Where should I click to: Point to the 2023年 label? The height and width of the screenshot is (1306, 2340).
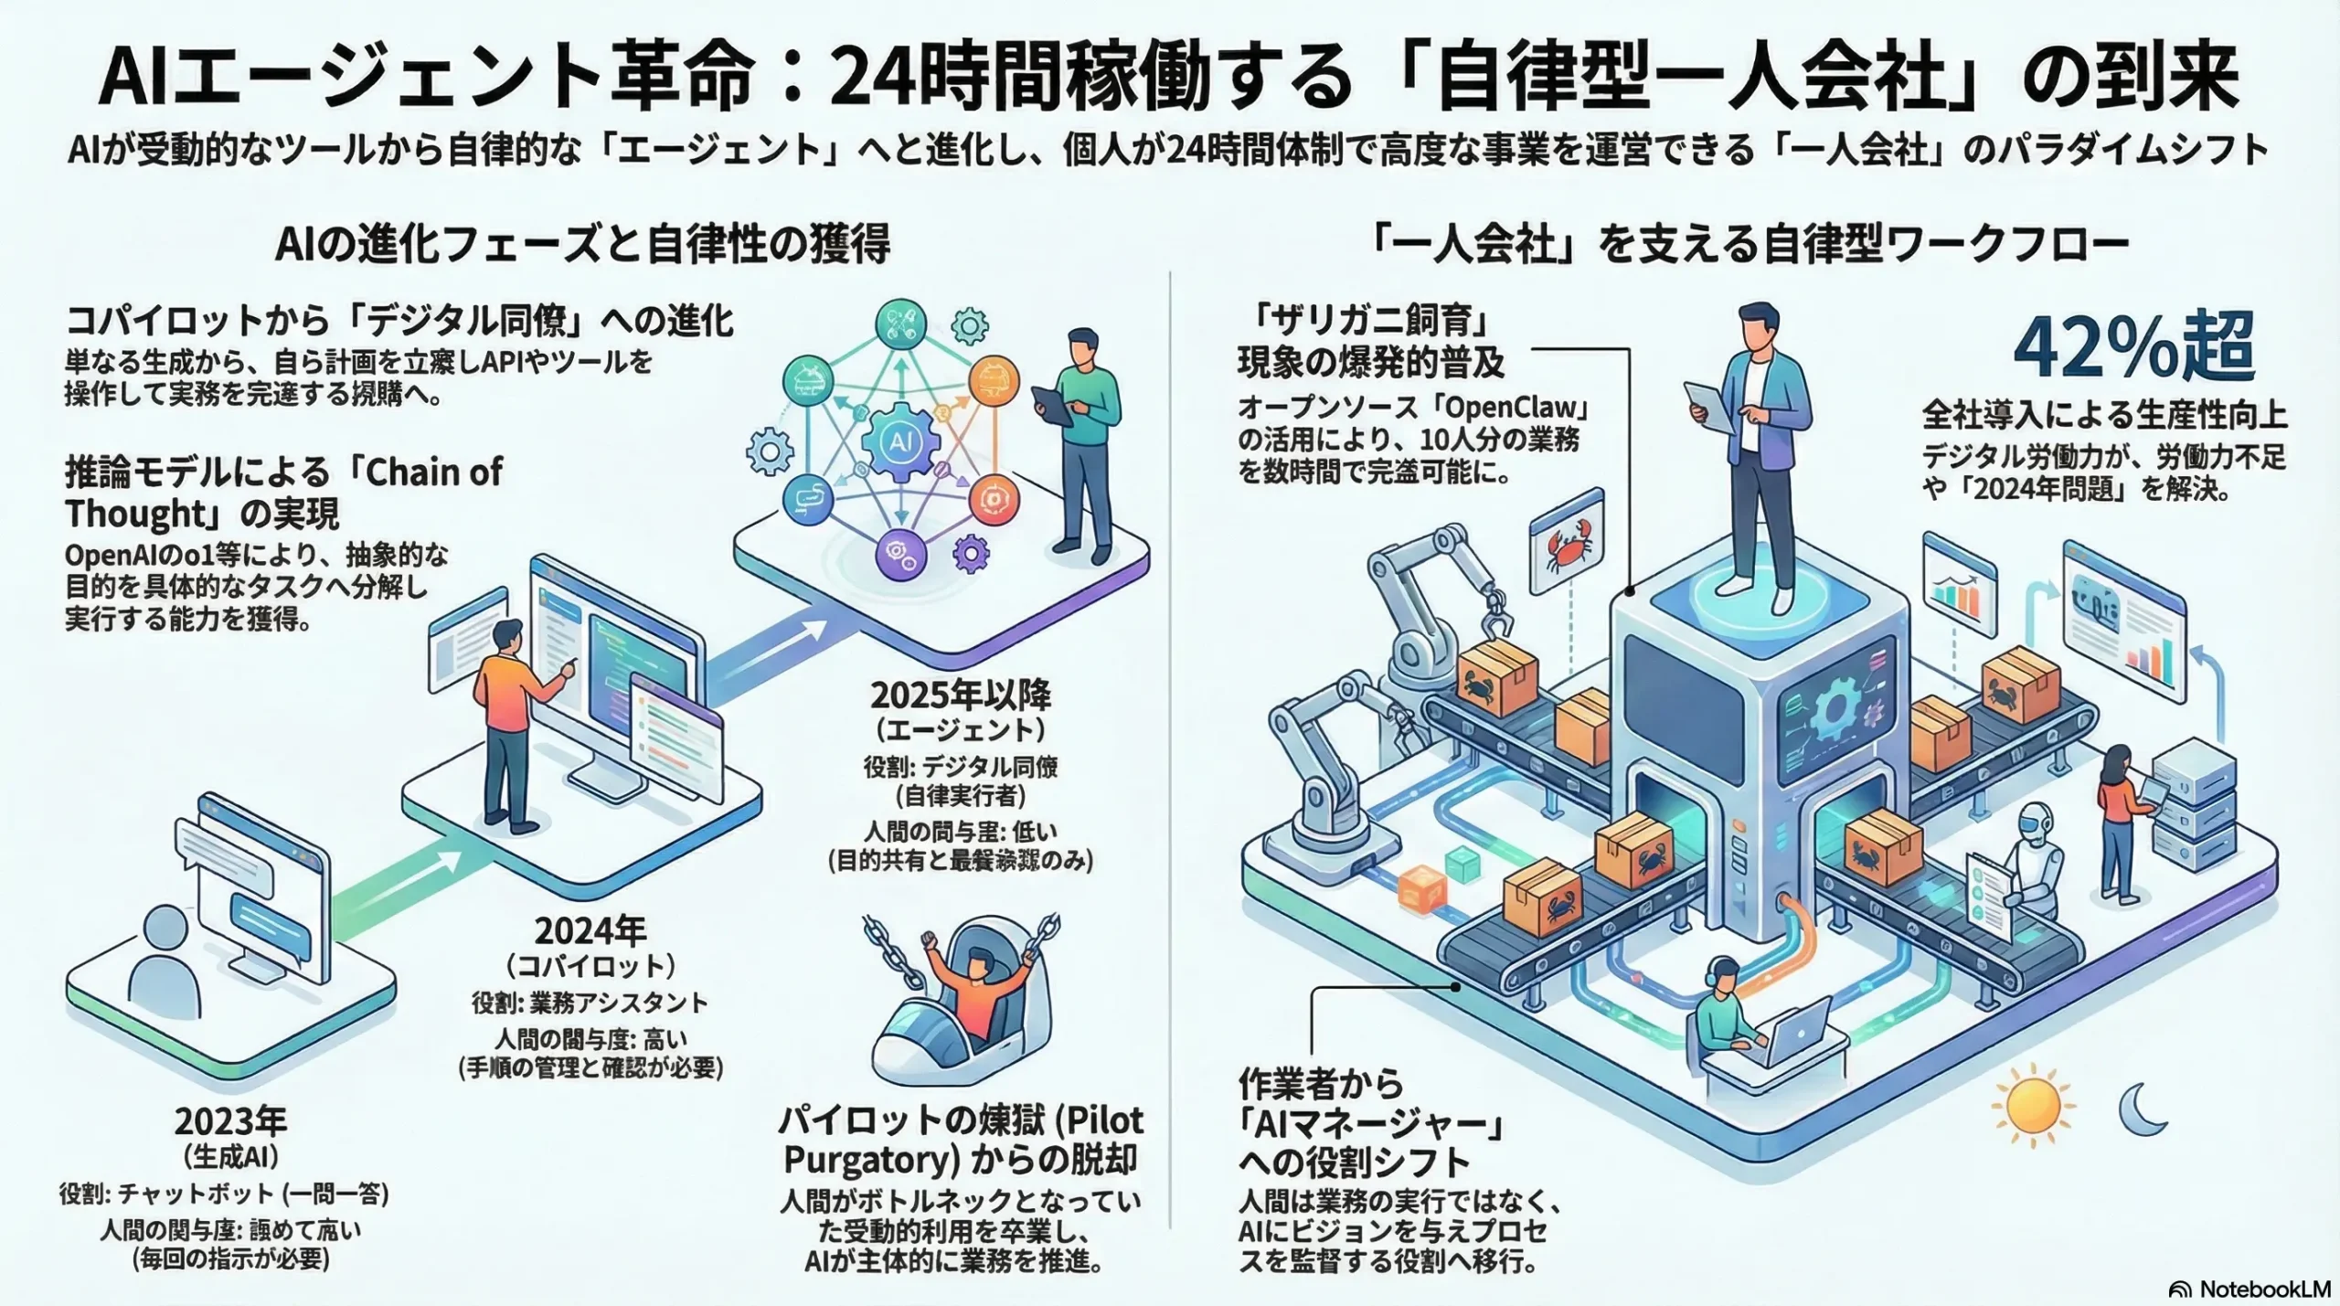coord(230,1121)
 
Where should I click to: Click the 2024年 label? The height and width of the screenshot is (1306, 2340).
coord(590,931)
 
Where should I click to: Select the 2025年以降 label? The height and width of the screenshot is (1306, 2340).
coord(960,696)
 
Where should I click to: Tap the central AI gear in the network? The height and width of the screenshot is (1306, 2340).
coord(900,441)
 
